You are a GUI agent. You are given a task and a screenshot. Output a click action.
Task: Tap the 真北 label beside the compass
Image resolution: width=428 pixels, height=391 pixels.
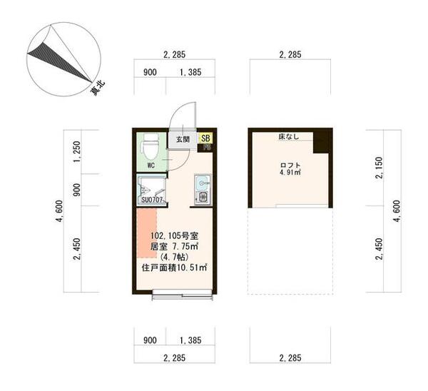point(98,88)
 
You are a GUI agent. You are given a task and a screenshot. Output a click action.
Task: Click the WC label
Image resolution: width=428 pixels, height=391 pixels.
point(151,166)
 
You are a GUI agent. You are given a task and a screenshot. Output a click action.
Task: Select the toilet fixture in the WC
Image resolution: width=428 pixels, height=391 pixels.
point(150,148)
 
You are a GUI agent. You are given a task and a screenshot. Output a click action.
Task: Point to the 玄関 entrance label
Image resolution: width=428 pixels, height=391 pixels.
point(183,140)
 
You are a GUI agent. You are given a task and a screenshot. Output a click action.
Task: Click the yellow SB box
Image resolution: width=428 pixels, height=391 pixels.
point(205,138)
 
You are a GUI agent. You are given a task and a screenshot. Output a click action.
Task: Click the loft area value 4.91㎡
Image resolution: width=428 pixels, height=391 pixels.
point(290,172)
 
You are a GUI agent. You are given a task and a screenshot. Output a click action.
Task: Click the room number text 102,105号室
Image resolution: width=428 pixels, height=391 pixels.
point(175,235)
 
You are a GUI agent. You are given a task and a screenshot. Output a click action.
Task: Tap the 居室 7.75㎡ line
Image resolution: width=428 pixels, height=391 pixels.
point(175,245)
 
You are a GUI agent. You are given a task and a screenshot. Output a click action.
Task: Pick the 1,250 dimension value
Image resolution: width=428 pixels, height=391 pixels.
point(76,151)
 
